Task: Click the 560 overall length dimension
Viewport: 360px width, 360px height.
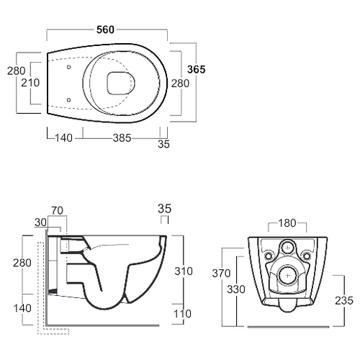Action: tap(105, 30)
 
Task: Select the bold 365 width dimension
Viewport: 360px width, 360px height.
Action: tap(197, 69)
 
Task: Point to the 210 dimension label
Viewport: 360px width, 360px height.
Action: tap(30, 83)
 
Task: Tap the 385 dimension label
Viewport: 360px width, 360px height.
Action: tap(122, 138)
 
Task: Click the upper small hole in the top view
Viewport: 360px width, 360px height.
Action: tap(68, 67)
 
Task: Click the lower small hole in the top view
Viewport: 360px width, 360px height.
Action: tap(68, 99)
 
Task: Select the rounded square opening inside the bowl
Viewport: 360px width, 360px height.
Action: tap(121, 83)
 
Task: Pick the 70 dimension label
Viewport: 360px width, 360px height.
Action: tap(58, 211)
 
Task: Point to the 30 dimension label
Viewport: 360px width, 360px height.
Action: tap(40, 222)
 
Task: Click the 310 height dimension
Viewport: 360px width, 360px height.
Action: tap(184, 271)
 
